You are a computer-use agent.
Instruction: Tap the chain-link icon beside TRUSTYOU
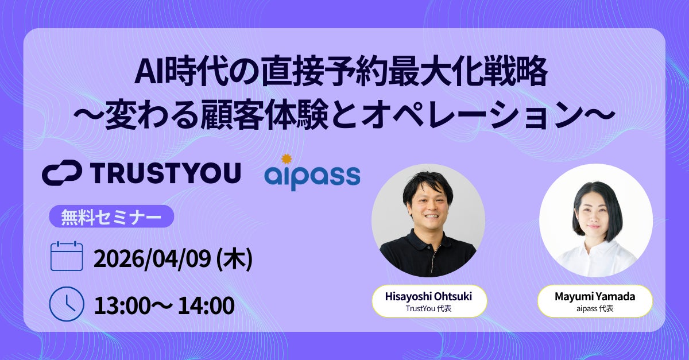coord(64,173)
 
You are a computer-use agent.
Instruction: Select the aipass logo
coord(312,176)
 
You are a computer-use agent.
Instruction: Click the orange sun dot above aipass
coord(287,158)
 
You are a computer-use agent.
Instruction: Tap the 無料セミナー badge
coord(111,216)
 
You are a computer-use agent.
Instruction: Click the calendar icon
coord(68,256)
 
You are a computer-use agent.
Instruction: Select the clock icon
coord(67,304)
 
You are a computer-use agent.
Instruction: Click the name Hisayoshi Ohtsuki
coord(429,297)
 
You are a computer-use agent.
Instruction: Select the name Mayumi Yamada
coord(595,297)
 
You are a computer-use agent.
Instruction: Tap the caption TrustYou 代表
coord(429,309)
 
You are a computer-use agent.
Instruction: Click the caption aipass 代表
coord(595,309)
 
